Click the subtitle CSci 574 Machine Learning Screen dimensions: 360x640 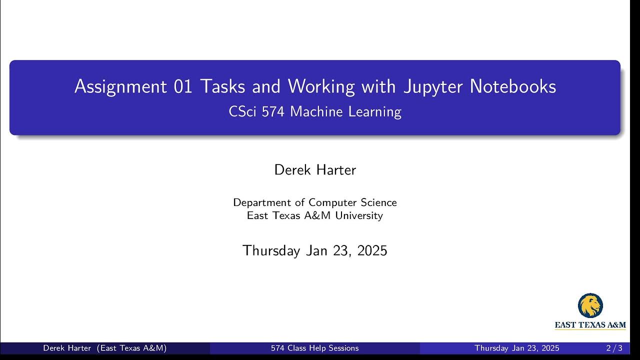[315, 111]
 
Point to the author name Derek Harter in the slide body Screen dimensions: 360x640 [315, 170]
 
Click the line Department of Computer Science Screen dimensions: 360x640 [315, 202]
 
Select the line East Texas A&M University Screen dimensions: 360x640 [315, 215]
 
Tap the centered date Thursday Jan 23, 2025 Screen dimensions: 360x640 [315, 250]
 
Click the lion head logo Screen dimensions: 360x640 [590, 305]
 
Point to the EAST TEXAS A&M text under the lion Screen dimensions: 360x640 [590, 325]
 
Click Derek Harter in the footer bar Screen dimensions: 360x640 [67, 348]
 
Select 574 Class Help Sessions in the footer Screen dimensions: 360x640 [315, 348]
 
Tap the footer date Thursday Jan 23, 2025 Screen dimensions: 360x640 [517, 348]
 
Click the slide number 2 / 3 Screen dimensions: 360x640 [614, 348]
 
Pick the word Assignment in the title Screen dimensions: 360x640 [120, 87]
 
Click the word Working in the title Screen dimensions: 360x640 [321, 87]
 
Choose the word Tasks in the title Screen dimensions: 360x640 [223, 87]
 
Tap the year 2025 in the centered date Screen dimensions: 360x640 [372, 250]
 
